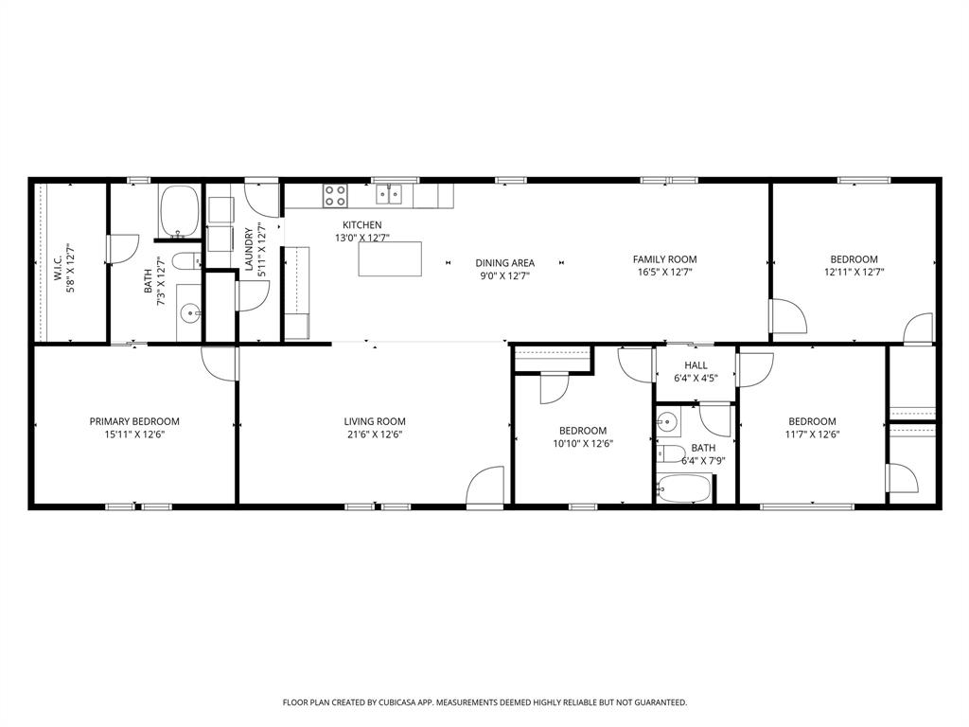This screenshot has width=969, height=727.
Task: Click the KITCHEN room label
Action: (362, 225)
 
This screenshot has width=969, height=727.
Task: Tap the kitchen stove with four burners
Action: (334, 195)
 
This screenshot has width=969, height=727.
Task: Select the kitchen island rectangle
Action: (390, 258)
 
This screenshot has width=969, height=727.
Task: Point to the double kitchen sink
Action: (389, 194)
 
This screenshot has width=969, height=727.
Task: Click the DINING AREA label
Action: (504, 263)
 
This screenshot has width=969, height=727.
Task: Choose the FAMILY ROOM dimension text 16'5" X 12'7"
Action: (664, 273)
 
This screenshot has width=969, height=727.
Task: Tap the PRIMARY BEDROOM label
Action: (134, 421)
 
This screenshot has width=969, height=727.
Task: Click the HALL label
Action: (696, 365)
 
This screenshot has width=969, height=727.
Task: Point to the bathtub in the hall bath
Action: (683, 488)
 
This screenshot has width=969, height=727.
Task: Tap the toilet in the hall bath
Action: (671, 452)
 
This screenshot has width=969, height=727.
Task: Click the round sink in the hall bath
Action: (667, 421)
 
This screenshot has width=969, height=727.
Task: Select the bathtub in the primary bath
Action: (178, 211)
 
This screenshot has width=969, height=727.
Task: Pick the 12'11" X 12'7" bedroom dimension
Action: (854, 273)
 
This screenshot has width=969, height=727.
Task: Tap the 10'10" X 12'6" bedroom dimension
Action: (582, 443)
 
